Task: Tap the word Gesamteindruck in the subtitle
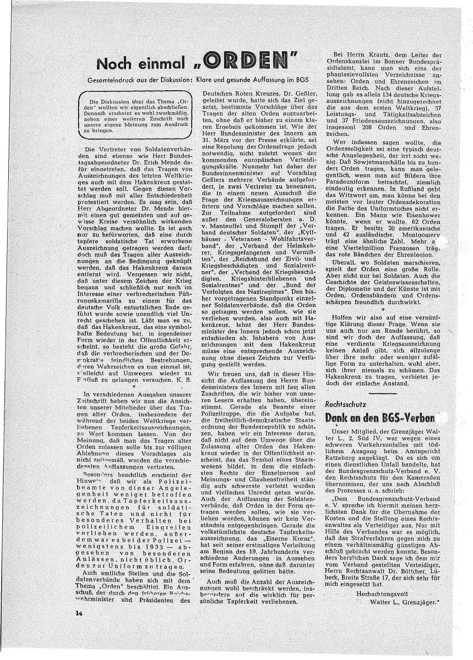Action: (117, 80)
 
